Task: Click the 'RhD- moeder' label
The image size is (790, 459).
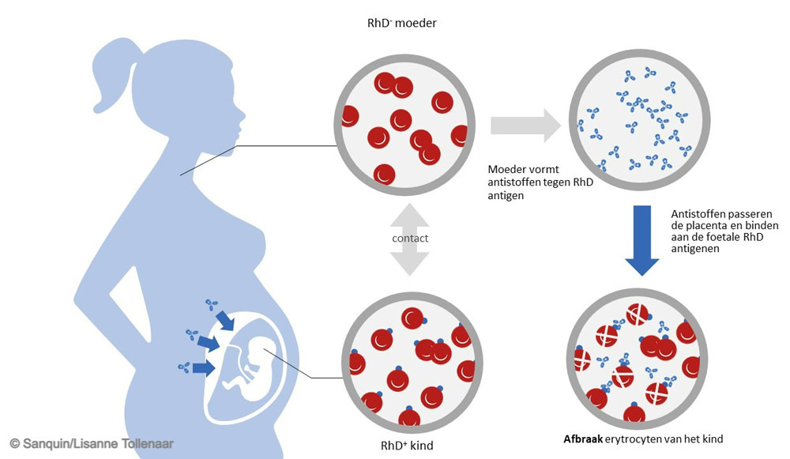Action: pos(401,23)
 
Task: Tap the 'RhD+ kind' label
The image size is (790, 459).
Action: pos(407,446)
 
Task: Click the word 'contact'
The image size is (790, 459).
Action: pos(410,239)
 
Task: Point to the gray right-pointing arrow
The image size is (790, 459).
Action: pos(526,126)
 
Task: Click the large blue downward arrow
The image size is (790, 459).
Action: pos(641,240)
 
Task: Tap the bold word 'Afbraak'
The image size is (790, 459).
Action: pos(583,438)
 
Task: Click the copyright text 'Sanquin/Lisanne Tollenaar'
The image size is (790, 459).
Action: pos(98,444)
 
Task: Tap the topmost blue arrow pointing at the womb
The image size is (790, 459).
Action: pos(224,320)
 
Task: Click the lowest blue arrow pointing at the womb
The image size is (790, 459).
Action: pos(204,368)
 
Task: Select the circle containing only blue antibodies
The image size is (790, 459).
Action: pos(639,120)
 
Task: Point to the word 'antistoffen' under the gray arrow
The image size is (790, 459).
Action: pos(515,182)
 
